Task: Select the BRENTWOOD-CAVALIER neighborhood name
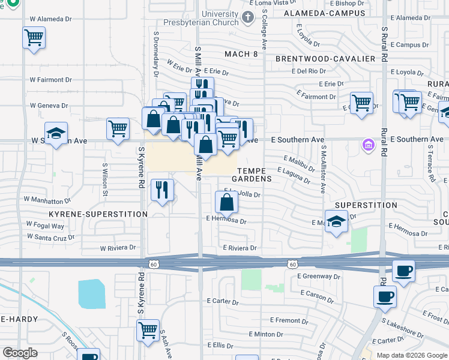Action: [325, 59]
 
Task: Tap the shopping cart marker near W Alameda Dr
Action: [34, 38]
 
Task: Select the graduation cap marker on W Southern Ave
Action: [56, 134]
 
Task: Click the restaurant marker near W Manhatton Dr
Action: [162, 190]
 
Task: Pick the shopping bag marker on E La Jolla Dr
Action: [228, 202]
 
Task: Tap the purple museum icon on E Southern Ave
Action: [367, 145]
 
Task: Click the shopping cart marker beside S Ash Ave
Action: [148, 329]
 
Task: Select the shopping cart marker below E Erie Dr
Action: [361, 103]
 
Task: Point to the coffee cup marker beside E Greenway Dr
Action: [403, 271]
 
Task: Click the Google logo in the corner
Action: [20, 352]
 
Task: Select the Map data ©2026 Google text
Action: [412, 355]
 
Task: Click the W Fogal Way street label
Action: [45, 226]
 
